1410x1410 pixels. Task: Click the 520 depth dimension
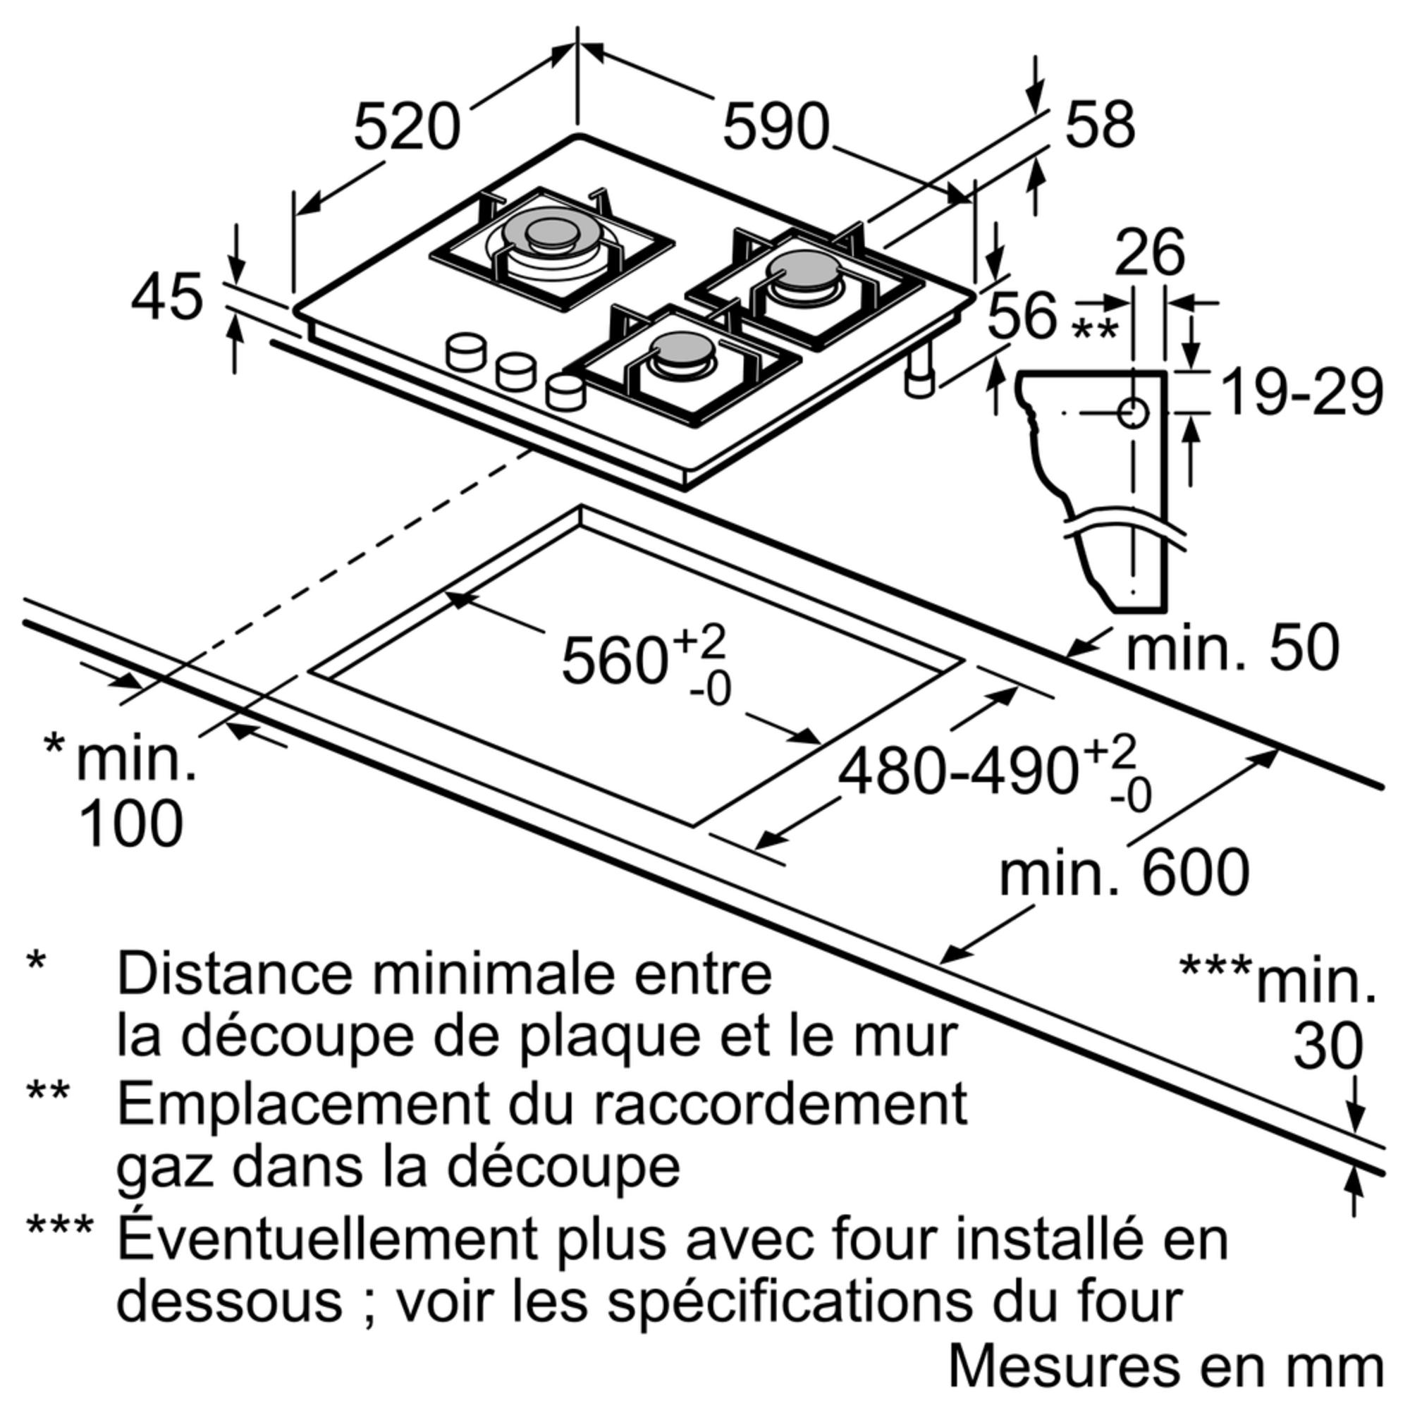coord(407,127)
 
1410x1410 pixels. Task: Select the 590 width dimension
coord(775,127)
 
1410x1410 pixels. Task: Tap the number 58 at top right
coord(1100,125)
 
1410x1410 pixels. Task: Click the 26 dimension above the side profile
coord(1149,252)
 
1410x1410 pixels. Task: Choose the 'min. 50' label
coord(1232,648)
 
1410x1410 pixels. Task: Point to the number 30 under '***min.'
coord(1328,1046)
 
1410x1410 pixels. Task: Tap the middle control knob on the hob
coord(516,371)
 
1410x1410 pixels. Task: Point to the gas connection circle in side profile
coord(1133,413)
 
